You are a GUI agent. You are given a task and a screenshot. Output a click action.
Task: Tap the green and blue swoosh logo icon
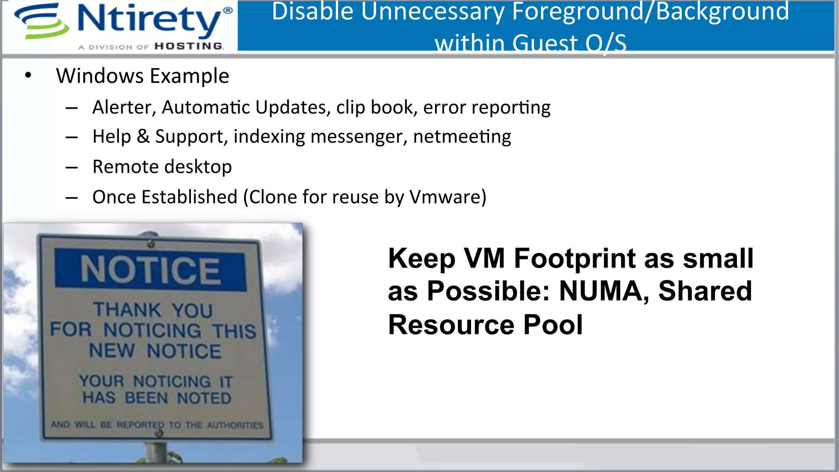pos(41,21)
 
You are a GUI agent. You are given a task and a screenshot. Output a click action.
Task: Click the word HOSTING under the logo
pos(189,46)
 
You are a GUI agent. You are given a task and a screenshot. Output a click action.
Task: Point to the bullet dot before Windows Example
pos(28,75)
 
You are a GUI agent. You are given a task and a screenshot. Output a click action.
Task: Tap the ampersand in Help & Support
pos(143,136)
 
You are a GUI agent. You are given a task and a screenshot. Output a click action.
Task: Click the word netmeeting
pos(462,136)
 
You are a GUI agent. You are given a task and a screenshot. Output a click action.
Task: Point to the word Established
pos(189,197)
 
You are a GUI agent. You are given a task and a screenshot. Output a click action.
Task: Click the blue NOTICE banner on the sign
pos(150,270)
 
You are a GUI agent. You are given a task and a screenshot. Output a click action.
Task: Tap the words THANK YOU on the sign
pos(153,310)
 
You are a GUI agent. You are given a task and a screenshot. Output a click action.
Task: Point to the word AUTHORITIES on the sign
pos(235,425)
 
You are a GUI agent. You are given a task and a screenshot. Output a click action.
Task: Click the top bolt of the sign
pos(151,244)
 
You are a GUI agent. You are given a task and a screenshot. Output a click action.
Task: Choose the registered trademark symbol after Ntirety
pos(228,10)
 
